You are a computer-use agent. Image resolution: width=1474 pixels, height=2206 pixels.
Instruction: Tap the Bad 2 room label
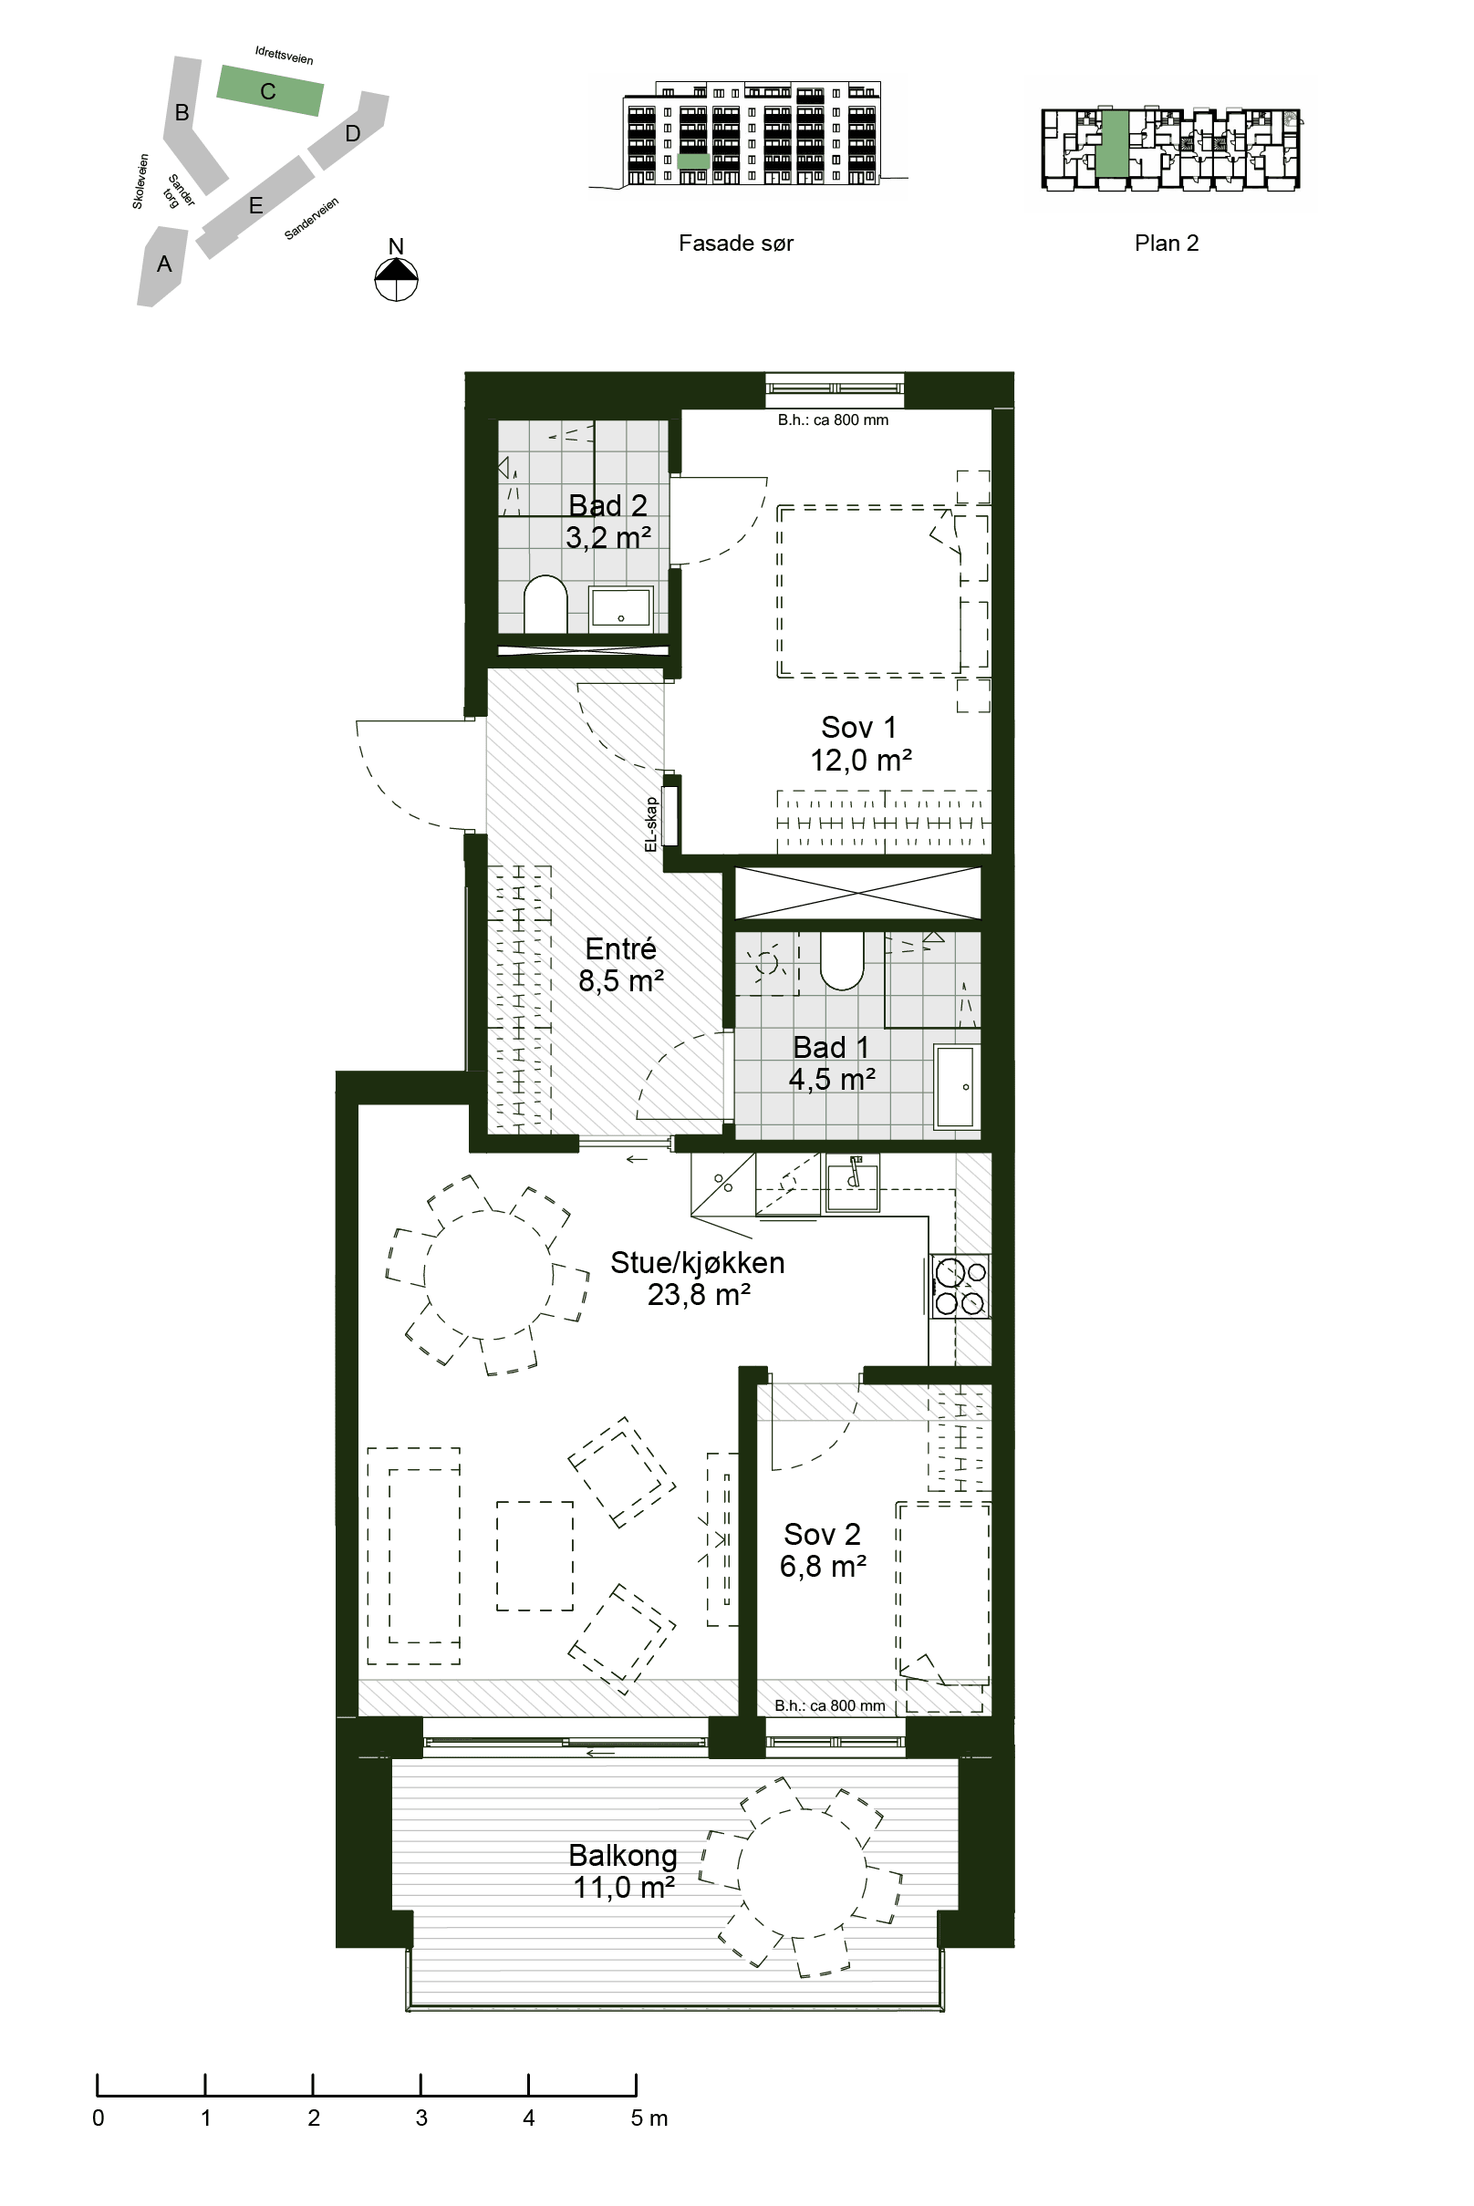[607, 521]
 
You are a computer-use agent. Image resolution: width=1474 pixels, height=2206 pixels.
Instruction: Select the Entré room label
[620, 964]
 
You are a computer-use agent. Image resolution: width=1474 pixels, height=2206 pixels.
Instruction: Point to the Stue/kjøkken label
[698, 1279]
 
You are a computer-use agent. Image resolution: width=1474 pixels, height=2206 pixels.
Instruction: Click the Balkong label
[623, 1870]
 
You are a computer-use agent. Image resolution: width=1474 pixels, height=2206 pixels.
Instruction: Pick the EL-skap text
[650, 824]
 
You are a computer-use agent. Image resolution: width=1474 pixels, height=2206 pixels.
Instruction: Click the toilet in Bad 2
[545, 605]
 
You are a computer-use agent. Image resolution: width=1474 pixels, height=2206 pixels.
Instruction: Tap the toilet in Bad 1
[841, 960]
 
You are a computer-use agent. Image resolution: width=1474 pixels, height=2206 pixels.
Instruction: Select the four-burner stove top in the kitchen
[960, 1287]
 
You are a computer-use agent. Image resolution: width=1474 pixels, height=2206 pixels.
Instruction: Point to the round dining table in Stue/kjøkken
[490, 1276]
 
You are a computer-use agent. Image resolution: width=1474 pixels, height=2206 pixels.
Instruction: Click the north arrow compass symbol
[396, 278]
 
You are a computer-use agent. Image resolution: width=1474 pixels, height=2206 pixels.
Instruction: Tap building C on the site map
[271, 90]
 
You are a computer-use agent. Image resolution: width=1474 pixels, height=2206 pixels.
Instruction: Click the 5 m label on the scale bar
[649, 2118]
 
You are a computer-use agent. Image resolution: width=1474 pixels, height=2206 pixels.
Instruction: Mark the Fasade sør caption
[736, 243]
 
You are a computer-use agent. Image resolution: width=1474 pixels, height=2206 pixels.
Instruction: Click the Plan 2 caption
[1167, 243]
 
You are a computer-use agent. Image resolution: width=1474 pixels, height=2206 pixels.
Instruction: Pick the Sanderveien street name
[311, 219]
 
